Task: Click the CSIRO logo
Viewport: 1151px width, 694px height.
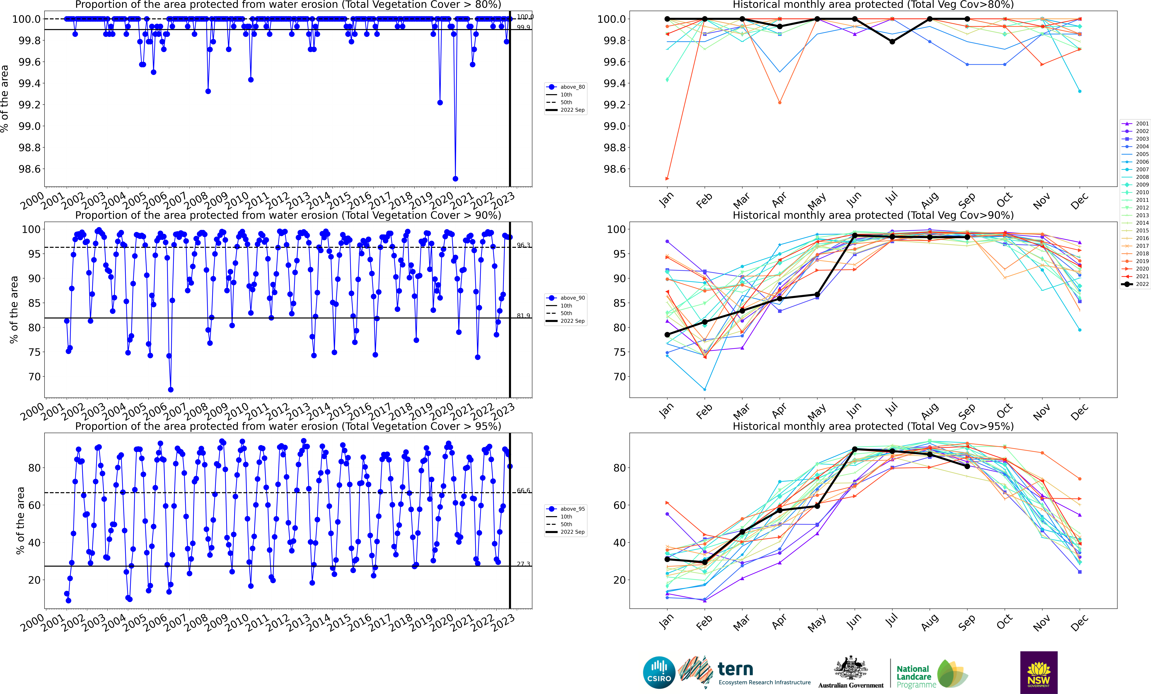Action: click(x=659, y=673)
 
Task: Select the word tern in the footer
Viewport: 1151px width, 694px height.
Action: click(x=735, y=669)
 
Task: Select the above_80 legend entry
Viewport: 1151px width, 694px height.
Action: click(x=566, y=87)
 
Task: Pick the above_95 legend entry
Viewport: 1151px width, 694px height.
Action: click(x=566, y=509)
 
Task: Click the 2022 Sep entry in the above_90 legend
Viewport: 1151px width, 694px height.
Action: click(x=566, y=321)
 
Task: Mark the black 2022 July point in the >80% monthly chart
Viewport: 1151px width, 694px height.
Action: click(x=892, y=41)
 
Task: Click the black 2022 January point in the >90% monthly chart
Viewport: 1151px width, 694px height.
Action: click(x=667, y=335)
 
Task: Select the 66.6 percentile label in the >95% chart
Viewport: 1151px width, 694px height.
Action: click(x=523, y=490)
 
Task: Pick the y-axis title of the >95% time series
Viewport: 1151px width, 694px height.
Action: click(x=20, y=520)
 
